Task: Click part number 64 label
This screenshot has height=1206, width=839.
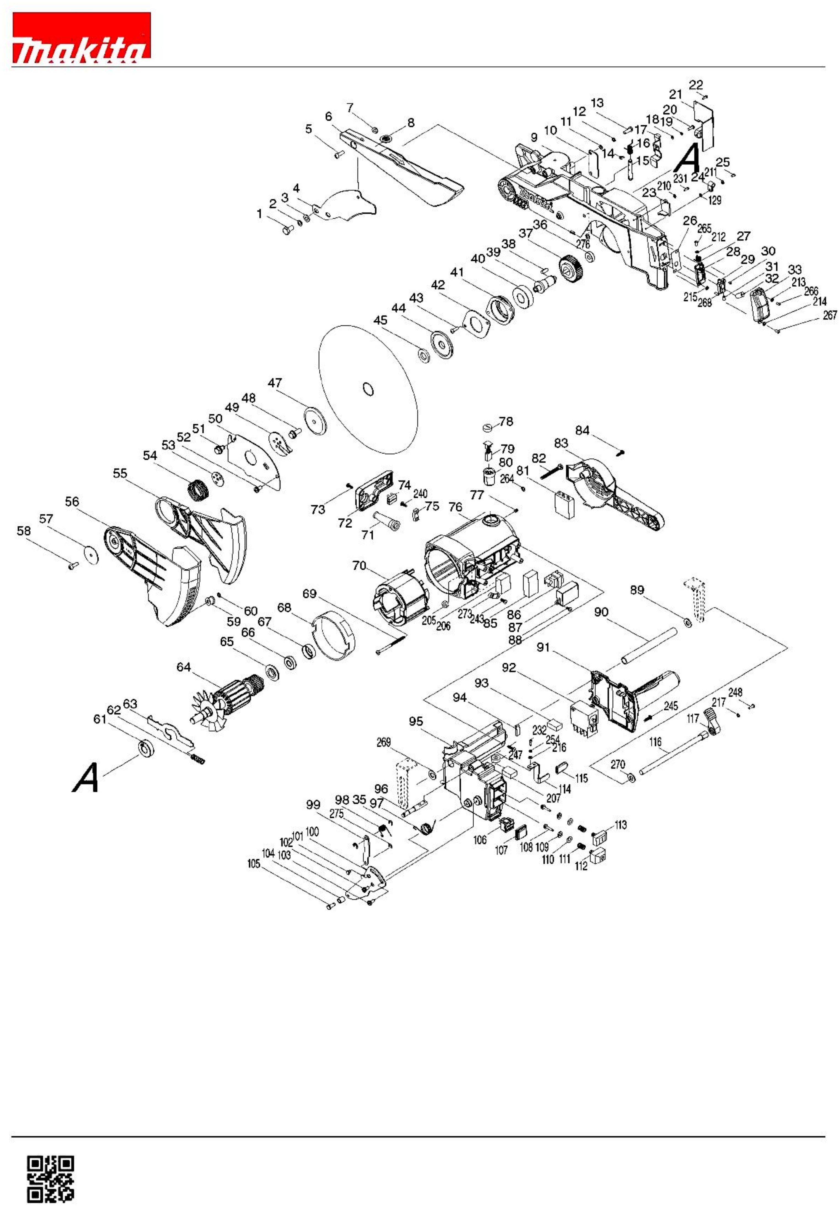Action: (x=184, y=667)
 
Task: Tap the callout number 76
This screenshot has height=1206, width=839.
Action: (x=455, y=507)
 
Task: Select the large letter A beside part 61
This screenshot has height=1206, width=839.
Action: (x=86, y=777)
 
